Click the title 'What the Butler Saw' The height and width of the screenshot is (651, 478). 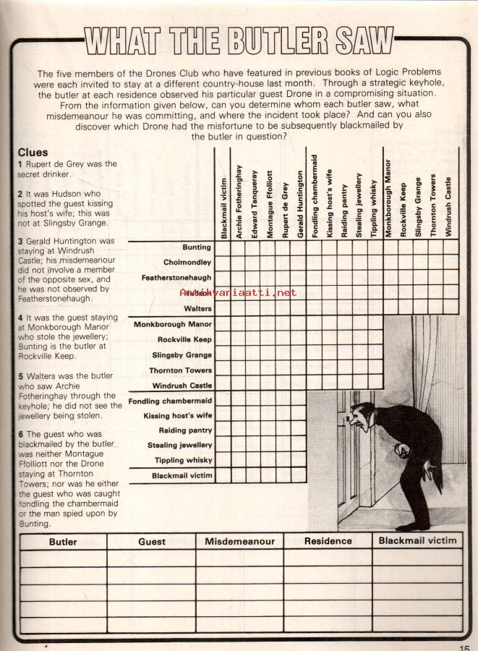239,41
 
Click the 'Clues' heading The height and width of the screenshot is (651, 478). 32,153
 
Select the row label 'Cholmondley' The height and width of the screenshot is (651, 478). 187,263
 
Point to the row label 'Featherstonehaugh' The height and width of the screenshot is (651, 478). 176,278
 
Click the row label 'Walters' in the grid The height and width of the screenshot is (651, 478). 197,309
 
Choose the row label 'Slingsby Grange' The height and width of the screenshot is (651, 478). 182,355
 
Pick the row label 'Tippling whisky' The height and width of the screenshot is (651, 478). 183,461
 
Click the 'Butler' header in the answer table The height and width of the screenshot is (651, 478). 63,542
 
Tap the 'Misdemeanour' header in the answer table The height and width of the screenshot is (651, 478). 239,542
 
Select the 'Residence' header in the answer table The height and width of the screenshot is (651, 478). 328,541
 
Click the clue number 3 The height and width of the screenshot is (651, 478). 20,241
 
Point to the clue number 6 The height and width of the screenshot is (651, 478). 20,434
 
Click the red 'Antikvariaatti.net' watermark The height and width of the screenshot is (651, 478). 237,293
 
